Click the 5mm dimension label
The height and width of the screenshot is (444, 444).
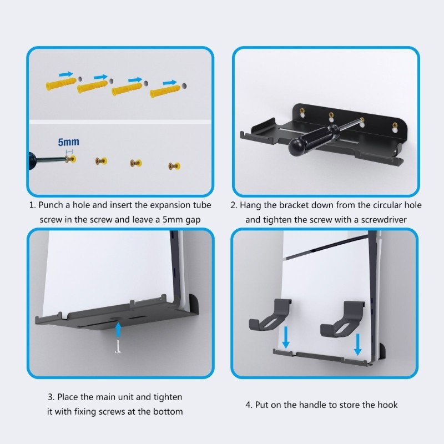tap(69, 142)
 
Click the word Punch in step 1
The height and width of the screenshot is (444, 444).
tap(53, 205)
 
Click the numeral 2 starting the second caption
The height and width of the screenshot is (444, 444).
tap(233, 205)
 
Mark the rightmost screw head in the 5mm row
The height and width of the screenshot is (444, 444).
tap(175, 165)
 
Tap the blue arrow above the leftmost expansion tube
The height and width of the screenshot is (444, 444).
tap(65, 73)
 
